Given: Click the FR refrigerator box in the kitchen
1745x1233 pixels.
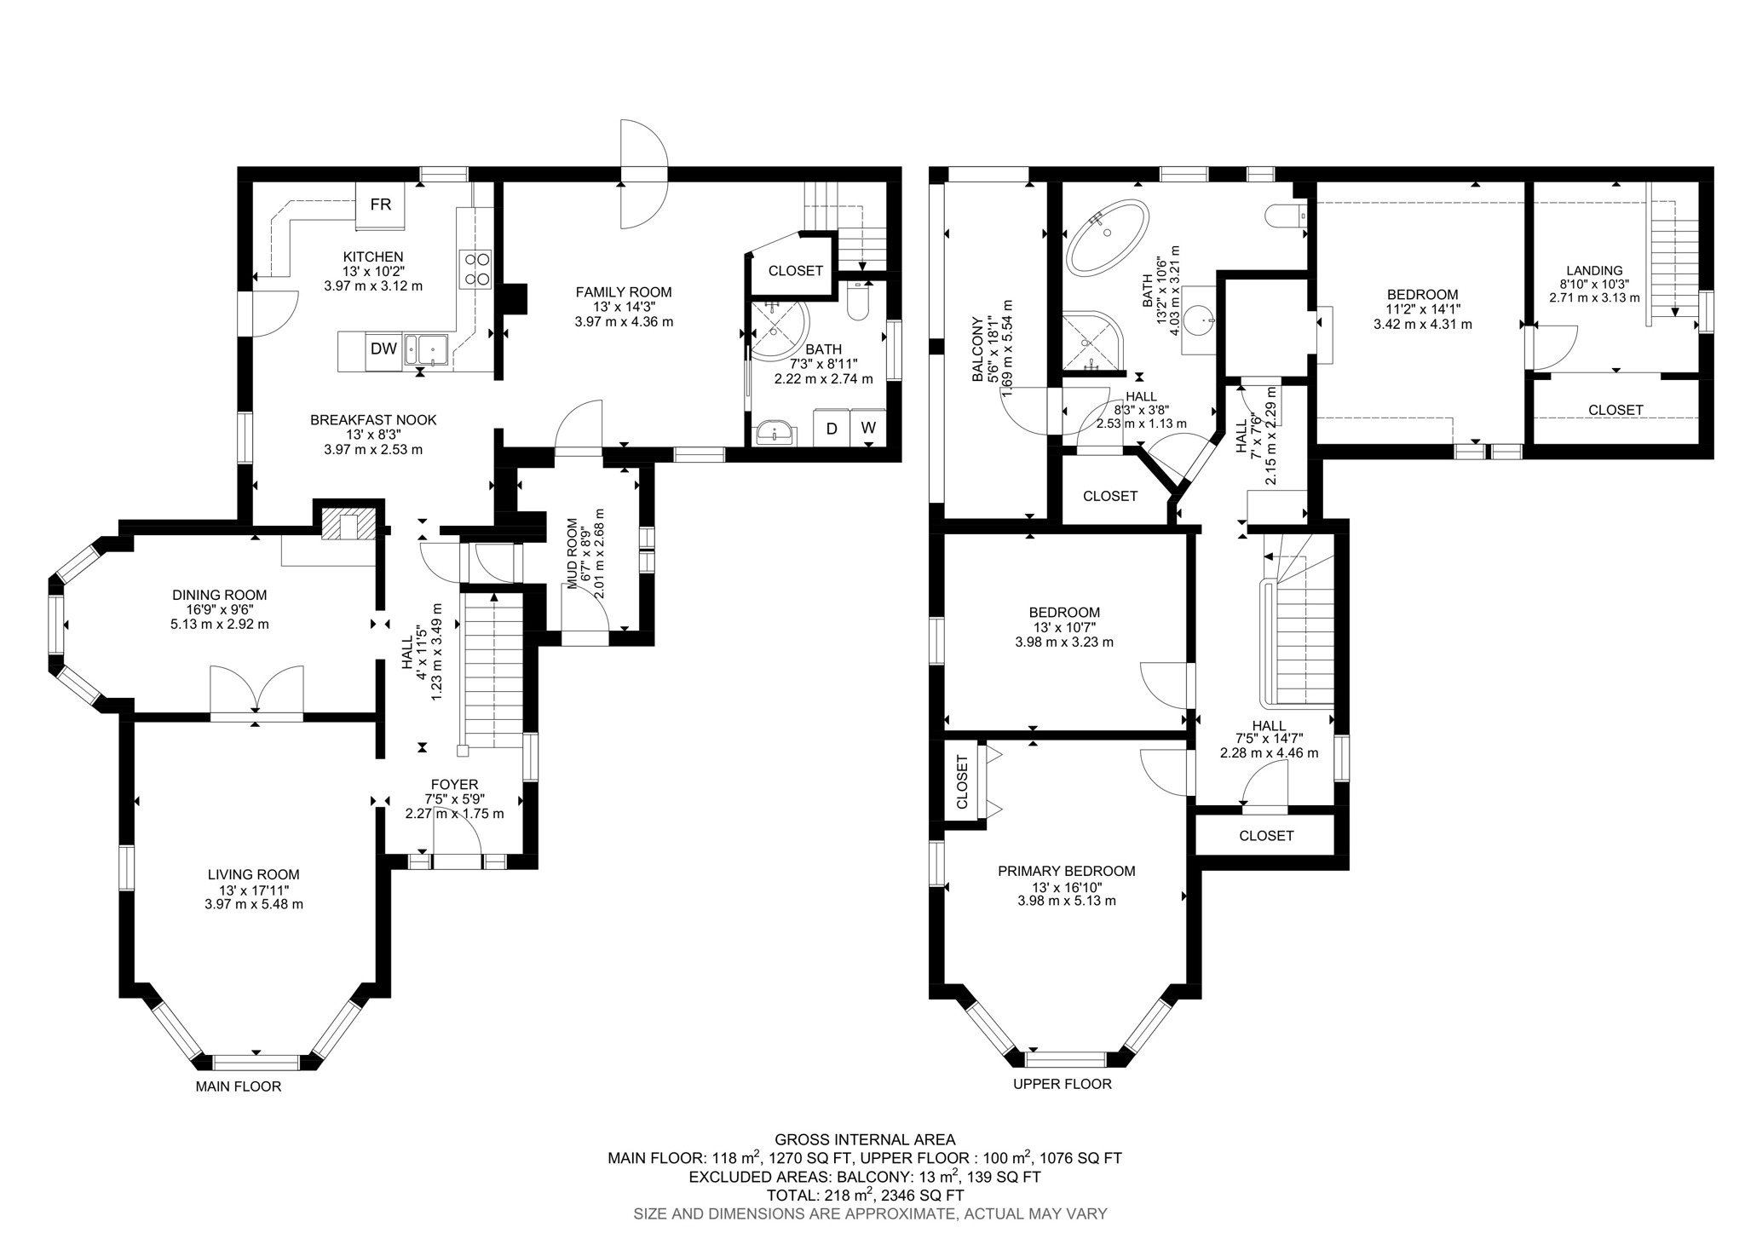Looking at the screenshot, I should point(380,205).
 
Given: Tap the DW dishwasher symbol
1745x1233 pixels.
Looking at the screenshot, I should point(383,348).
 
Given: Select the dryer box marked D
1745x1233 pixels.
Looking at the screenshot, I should point(831,429).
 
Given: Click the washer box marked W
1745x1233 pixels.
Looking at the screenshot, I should point(867,429).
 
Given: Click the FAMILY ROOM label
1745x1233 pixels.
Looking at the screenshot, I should point(623,292).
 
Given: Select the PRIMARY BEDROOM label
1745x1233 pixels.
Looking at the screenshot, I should point(1066,871).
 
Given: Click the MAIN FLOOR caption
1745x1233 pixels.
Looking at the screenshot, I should point(238,1086).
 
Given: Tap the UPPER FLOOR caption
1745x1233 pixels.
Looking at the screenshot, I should point(1062,1084).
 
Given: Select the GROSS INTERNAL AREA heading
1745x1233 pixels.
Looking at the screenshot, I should point(864,1139).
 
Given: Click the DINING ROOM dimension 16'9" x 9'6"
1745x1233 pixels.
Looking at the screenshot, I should point(219,609).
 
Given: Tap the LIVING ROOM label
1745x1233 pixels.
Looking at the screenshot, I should point(253,874).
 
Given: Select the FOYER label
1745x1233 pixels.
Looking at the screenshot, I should point(454,784).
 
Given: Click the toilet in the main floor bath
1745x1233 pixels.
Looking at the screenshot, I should point(858,302).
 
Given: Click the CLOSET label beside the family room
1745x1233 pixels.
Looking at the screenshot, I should point(795,271).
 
